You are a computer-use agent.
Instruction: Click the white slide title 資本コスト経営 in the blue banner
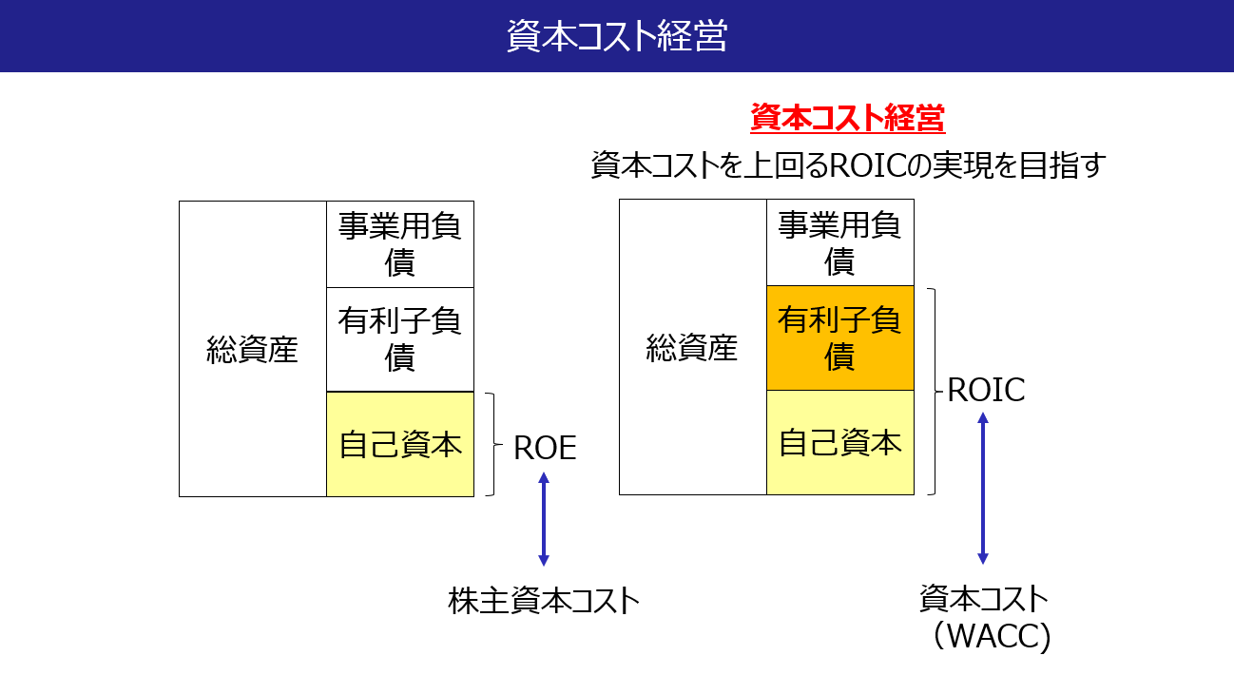pos(616,36)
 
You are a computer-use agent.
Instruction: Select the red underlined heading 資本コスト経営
pos(847,119)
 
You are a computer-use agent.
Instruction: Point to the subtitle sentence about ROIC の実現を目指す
pos(848,165)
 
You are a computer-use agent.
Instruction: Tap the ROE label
pos(545,448)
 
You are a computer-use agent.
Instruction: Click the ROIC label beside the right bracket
pos(986,390)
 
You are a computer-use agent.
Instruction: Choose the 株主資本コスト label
pos(544,600)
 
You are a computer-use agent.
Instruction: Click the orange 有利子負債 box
pos(839,338)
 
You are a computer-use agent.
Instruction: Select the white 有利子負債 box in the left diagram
pos(399,339)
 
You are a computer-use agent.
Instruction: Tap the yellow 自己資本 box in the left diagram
pos(399,444)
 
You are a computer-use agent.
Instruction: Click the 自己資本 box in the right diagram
pos(839,443)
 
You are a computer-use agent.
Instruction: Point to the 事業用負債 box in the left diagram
pos(399,244)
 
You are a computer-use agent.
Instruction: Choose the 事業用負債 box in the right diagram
pos(839,243)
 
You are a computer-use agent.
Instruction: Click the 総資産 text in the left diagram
pos(252,350)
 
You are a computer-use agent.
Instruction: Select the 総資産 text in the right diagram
pos(692,348)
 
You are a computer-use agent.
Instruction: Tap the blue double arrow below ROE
pos(544,519)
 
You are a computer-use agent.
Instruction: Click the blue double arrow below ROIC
pos(983,488)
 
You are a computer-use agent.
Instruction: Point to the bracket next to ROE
pos(492,444)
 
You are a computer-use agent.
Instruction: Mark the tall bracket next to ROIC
pos(934,392)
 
